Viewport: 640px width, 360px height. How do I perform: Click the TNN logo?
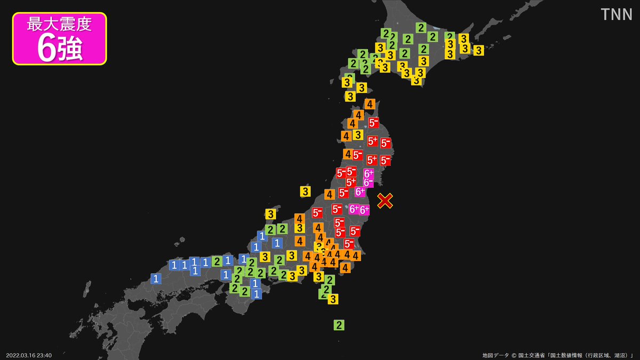[x=617, y=14]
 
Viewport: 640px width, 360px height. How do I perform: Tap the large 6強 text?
[x=59, y=49]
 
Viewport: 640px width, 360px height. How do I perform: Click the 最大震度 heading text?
[x=59, y=25]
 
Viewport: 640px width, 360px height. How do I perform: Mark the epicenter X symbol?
[x=385, y=201]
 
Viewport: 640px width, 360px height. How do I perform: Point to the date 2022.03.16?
[x=21, y=355]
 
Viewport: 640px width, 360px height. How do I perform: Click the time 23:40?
[x=45, y=355]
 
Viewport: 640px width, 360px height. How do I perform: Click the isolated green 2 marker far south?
[x=339, y=324]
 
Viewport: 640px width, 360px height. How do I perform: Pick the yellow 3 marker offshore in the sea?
[x=305, y=191]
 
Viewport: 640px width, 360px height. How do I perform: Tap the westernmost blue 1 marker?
[x=156, y=278]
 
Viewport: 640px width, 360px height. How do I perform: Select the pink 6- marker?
[x=369, y=182]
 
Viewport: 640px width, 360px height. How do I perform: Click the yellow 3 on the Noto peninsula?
[x=271, y=214]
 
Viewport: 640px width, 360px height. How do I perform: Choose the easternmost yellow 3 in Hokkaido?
[x=478, y=51]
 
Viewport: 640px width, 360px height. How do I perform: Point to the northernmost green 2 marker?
[x=421, y=28]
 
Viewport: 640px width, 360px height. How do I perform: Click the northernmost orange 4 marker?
[x=369, y=104]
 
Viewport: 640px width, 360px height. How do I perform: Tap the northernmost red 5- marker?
[x=374, y=122]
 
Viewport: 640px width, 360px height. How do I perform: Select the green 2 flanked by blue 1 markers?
[x=217, y=261]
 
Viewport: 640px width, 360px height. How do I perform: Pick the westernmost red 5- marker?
[x=317, y=213]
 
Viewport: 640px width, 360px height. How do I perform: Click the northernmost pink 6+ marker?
[x=369, y=173]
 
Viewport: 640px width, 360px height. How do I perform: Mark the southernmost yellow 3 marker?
[x=333, y=299]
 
